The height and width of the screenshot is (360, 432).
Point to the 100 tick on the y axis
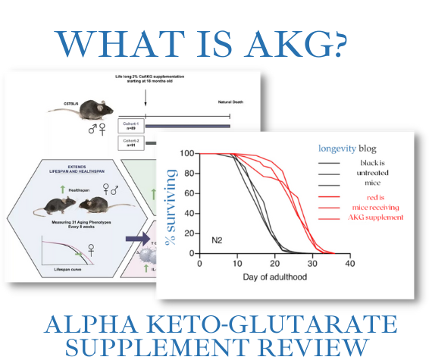pyautogui.click(x=186, y=154)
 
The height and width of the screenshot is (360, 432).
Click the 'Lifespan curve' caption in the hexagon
pyautogui.click(x=63, y=269)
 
